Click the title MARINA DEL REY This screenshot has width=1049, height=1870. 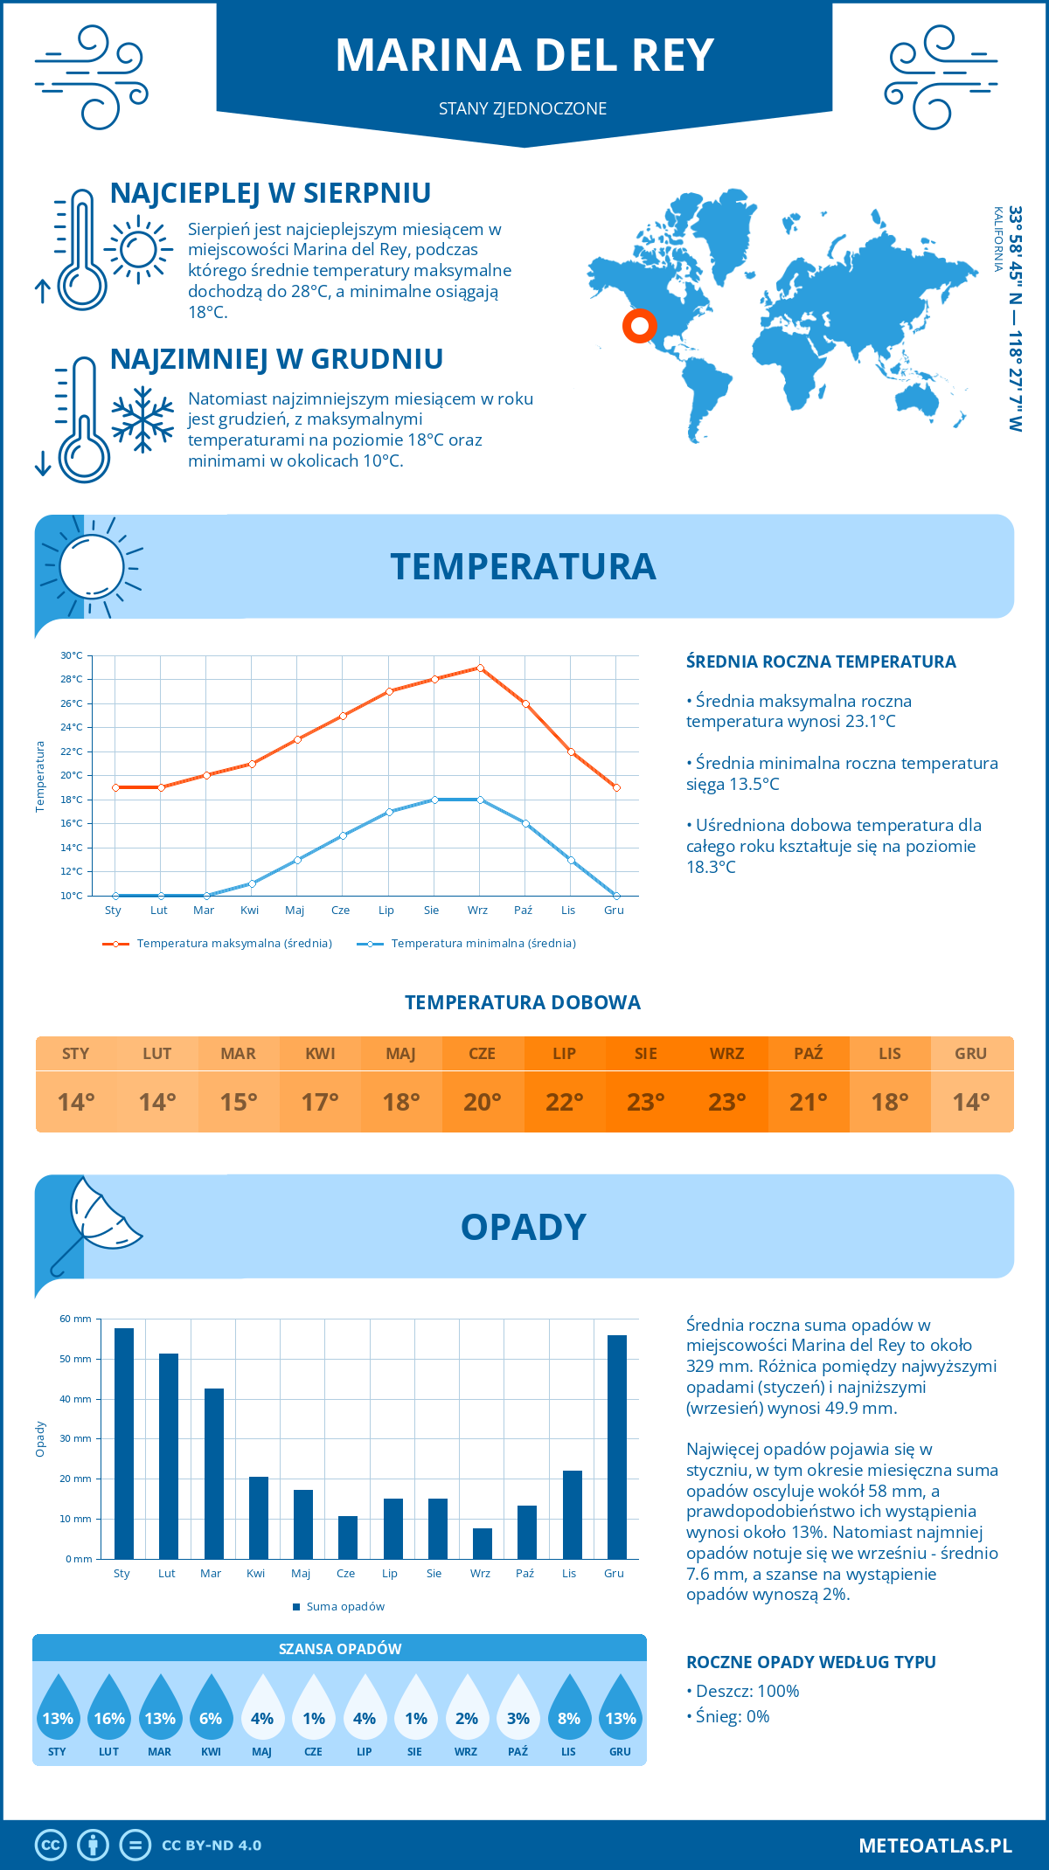[x=524, y=55]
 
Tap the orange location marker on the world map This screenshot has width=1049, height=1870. [x=640, y=326]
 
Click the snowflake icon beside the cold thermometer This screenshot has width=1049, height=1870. [x=142, y=419]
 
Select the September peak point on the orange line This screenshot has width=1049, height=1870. [x=480, y=668]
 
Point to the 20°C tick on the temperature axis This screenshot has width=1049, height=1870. [x=72, y=775]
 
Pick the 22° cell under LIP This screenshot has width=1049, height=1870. [x=564, y=1102]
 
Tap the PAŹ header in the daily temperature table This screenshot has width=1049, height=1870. [x=808, y=1053]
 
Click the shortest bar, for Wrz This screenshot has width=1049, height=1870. [x=483, y=1543]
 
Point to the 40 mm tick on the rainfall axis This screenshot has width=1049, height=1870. [x=75, y=1399]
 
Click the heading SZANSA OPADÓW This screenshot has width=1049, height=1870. [x=340, y=1649]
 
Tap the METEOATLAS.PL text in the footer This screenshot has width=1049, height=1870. [x=934, y=1846]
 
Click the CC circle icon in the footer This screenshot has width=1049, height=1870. [x=51, y=1846]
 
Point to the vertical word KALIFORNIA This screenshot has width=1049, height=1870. [x=997, y=239]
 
